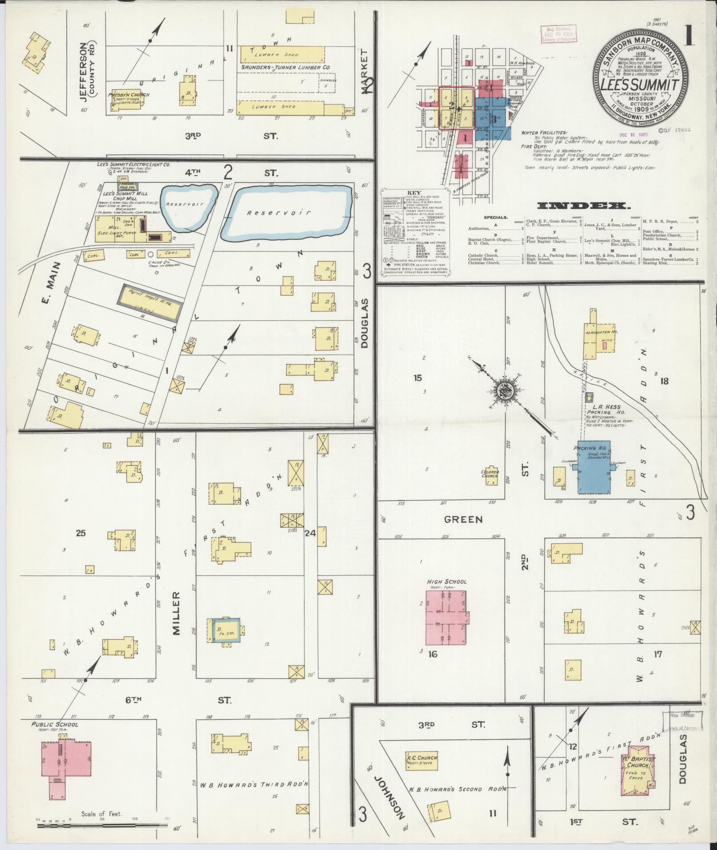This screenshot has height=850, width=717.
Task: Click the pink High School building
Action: (446, 618)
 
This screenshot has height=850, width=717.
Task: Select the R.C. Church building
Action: (422, 761)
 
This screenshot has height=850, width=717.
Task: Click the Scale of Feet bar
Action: (102, 825)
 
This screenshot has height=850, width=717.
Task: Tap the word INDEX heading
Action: (584, 206)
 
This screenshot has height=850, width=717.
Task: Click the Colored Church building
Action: (490, 476)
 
